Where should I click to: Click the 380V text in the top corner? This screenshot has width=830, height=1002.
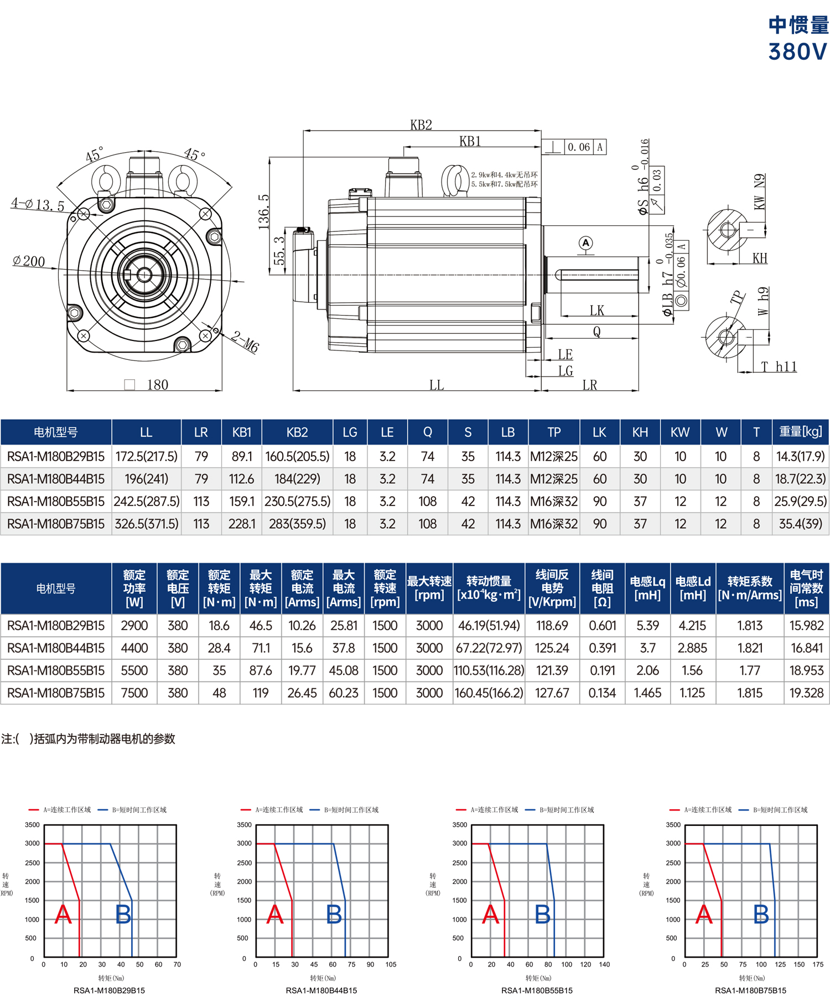(797, 51)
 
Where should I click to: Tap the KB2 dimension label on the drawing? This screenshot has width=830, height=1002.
(421, 125)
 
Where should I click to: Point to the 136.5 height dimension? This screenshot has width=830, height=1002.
(264, 211)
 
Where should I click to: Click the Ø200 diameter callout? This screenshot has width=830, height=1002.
(29, 261)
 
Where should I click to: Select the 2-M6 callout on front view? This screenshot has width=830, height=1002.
(245, 342)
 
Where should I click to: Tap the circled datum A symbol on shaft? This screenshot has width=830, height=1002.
(585, 243)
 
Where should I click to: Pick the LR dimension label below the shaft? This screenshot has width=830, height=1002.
(590, 385)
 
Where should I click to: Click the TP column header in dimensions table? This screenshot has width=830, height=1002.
(554, 432)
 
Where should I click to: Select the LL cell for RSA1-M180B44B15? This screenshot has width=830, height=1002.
(146, 479)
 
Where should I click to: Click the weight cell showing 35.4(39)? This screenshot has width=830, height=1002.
(800, 524)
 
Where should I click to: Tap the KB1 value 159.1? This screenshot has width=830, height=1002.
(242, 502)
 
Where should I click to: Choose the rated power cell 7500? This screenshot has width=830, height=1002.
(134, 693)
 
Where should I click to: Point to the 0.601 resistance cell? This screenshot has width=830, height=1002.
(603, 626)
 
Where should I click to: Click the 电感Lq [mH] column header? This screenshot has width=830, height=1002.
(647, 588)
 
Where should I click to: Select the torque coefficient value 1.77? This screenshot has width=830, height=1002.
(750, 670)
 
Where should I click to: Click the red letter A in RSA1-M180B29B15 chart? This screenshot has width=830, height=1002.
(63, 914)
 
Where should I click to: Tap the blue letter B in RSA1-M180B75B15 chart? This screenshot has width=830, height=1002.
(761, 914)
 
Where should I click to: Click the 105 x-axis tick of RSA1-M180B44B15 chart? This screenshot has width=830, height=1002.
(391, 964)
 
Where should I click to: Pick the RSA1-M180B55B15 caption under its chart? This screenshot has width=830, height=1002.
(537, 990)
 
